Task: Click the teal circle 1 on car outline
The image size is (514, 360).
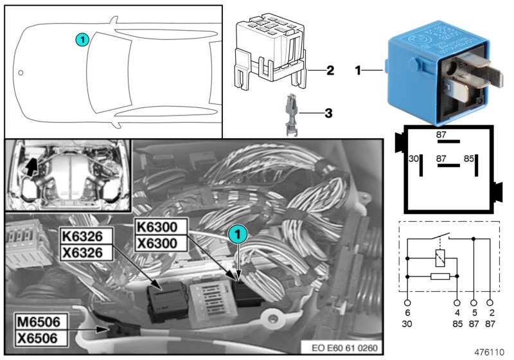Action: [82, 39]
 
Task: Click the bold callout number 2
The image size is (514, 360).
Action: [329, 70]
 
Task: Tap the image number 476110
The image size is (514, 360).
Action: [490, 352]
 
